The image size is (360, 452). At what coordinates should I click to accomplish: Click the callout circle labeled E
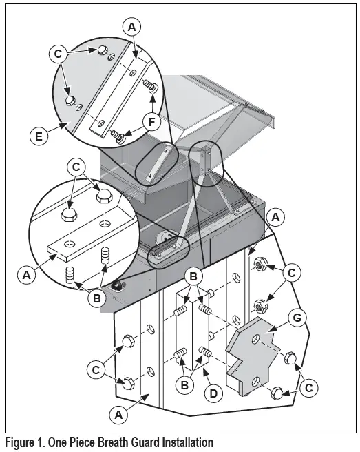click(x=39, y=136)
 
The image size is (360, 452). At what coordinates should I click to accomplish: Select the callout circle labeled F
click(x=151, y=122)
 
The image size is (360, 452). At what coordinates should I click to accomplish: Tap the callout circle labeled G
click(x=297, y=318)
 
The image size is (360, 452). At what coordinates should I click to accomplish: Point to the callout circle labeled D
click(x=213, y=393)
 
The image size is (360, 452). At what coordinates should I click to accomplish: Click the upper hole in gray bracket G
click(x=256, y=339)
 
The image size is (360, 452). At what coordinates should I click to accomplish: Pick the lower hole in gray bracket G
click(x=255, y=382)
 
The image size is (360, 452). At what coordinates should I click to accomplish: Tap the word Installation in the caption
click(x=188, y=442)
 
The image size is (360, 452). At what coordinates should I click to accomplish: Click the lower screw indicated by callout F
click(x=118, y=136)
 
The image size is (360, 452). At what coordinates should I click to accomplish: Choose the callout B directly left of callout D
click(x=184, y=385)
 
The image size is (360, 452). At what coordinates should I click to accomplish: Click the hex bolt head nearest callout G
click(x=289, y=358)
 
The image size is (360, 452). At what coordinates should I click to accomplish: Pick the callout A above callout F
click(x=131, y=27)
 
